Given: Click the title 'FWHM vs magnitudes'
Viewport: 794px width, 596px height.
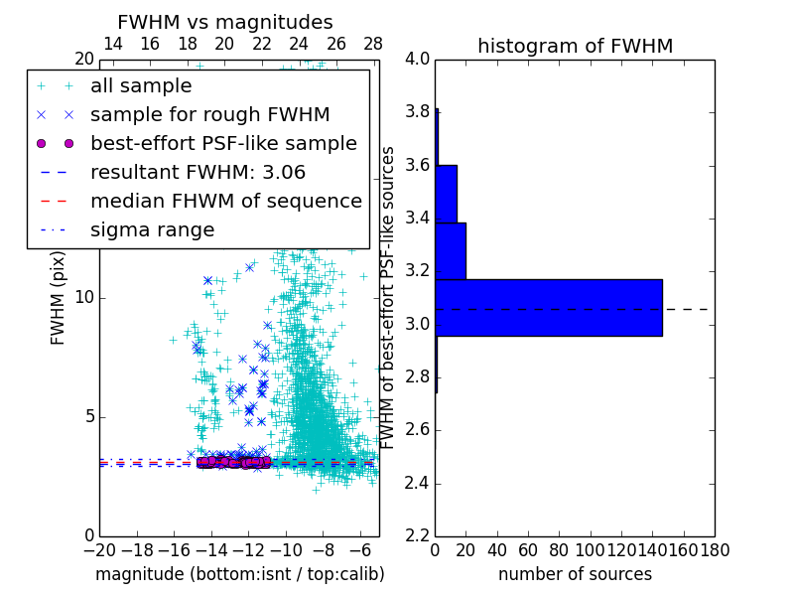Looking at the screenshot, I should [225, 22].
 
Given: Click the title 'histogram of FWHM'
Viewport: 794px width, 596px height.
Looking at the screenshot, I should [575, 46].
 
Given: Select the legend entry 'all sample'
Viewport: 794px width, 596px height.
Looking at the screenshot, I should [141, 86].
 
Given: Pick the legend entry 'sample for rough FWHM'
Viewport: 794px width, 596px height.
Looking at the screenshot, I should [209, 114].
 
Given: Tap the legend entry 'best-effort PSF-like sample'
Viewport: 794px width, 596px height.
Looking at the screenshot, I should [223, 143].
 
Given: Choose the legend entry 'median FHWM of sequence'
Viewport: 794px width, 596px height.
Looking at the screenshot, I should [225, 201].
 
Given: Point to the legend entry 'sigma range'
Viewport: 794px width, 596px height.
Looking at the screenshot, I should [152, 229].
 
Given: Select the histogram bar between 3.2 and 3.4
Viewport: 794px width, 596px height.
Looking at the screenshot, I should [451, 251].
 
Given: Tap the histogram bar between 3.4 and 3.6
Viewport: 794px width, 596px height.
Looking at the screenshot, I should [446, 194].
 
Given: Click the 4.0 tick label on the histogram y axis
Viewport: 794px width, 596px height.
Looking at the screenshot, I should [418, 60].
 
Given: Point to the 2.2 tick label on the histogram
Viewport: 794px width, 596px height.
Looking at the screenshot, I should [418, 536].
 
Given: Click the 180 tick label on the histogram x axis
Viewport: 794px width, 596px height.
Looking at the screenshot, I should [715, 550].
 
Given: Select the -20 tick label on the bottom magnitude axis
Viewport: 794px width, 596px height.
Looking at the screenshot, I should [99, 550].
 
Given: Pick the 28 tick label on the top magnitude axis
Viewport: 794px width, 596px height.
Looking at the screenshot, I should [373, 44].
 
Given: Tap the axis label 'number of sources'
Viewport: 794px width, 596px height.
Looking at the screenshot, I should [575, 574].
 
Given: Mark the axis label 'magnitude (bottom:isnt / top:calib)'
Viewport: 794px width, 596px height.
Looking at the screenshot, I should [239, 574].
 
